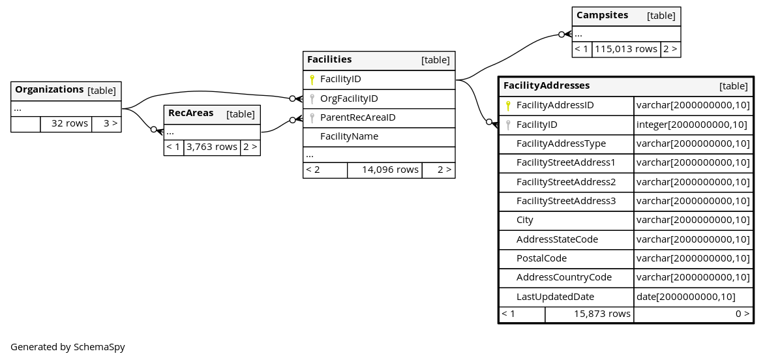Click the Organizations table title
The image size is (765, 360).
(x=50, y=90)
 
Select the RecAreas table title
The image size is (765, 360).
(x=191, y=113)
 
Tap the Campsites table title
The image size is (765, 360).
(x=602, y=15)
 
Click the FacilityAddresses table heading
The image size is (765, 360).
(x=547, y=86)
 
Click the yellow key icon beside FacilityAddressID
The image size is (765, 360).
(x=508, y=106)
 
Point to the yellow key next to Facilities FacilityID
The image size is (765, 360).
(x=312, y=80)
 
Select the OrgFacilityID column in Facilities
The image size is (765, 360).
(x=349, y=98)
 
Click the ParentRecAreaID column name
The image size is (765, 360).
(x=357, y=117)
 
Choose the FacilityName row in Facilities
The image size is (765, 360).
(x=349, y=136)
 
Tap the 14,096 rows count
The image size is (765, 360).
(x=390, y=170)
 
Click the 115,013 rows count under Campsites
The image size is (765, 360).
(x=626, y=50)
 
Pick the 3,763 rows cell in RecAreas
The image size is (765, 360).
(x=212, y=147)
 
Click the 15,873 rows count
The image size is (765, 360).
(x=602, y=314)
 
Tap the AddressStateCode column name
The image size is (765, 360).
(x=557, y=239)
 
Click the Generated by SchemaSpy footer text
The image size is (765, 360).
(x=68, y=348)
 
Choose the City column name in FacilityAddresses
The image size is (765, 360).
(x=525, y=220)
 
